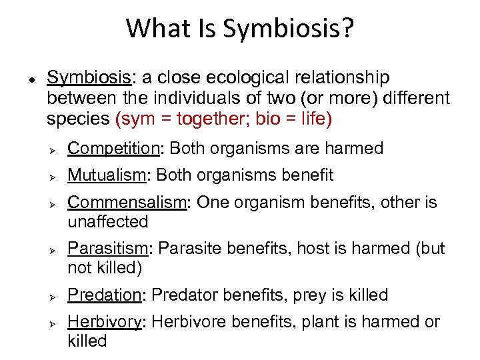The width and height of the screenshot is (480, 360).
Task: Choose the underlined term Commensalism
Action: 127,202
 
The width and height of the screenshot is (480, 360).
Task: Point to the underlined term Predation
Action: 107,295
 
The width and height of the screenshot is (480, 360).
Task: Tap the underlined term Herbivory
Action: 105,322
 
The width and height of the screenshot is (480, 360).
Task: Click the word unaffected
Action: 107,221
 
